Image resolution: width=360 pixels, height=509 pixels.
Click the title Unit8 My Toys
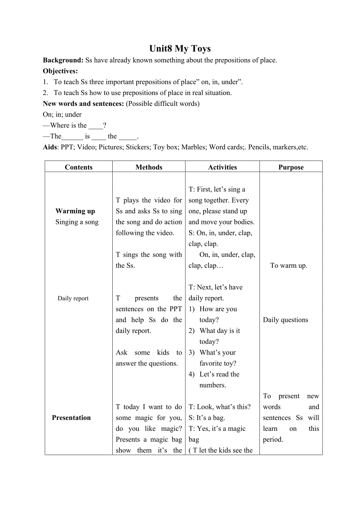tap(180, 49)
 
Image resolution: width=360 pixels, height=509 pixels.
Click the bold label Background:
tap(63, 60)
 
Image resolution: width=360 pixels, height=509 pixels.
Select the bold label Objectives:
tap(60, 71)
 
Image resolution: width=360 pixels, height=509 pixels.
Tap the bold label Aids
tap(50, 147)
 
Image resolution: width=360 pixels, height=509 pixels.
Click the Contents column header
tap(79, 167)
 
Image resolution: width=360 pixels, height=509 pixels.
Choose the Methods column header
tap(149, 167)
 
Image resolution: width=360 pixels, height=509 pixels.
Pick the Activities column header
tap(222, 167)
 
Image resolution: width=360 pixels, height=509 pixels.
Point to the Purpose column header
tap(291, 167)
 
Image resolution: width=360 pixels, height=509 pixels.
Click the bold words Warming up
tap(75, 211)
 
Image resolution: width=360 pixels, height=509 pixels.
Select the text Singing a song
tap(77, 222)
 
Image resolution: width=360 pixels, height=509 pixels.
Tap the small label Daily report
tap(73, 298)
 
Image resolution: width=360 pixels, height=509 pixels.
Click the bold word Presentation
tap(71, 418)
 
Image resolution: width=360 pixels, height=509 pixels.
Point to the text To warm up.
tap(289, 265)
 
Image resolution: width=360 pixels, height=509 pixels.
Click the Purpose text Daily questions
tap(285, 320)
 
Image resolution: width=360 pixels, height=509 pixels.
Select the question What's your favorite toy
tap(218, 358)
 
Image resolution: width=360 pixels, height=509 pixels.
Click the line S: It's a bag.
tap(207, 418)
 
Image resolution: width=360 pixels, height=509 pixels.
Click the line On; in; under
tap(62, 115)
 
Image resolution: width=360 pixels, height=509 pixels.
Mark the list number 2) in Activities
tap(191, 331)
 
